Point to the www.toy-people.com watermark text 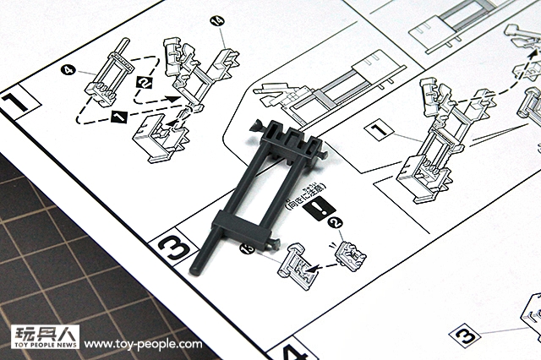coord(144,344)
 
